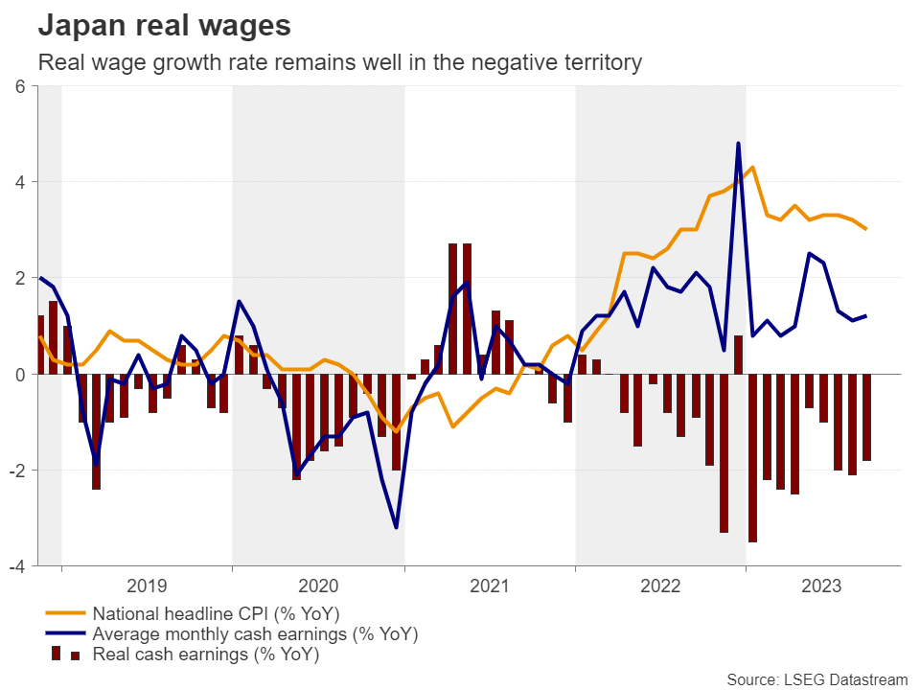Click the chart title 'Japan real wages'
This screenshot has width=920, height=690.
pos(164,26)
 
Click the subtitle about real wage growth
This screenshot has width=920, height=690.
pos(338,63)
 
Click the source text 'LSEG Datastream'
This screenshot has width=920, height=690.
pos(816,679)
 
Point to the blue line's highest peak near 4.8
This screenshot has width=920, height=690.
pos(738,144)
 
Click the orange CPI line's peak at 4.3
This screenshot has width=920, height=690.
pos(752,168)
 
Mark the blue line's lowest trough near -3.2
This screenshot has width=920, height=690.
pos(396,527)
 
